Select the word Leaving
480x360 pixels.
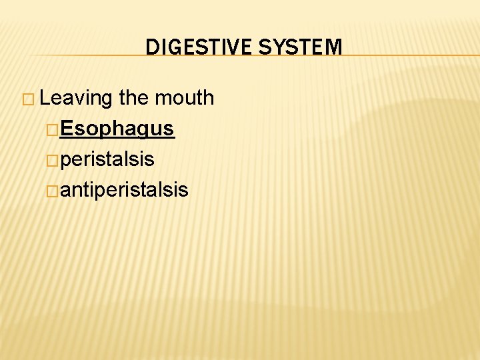click(77, 99)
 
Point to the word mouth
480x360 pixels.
click(185, 98)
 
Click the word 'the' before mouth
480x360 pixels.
click(134, 98)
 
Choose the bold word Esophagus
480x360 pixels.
click(117, 129)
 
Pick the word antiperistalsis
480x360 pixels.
click(124, 190)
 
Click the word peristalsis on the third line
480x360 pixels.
click(107, 159)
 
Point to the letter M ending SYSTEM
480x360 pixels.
click(334, 47)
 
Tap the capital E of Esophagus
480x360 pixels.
click(66, 129)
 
